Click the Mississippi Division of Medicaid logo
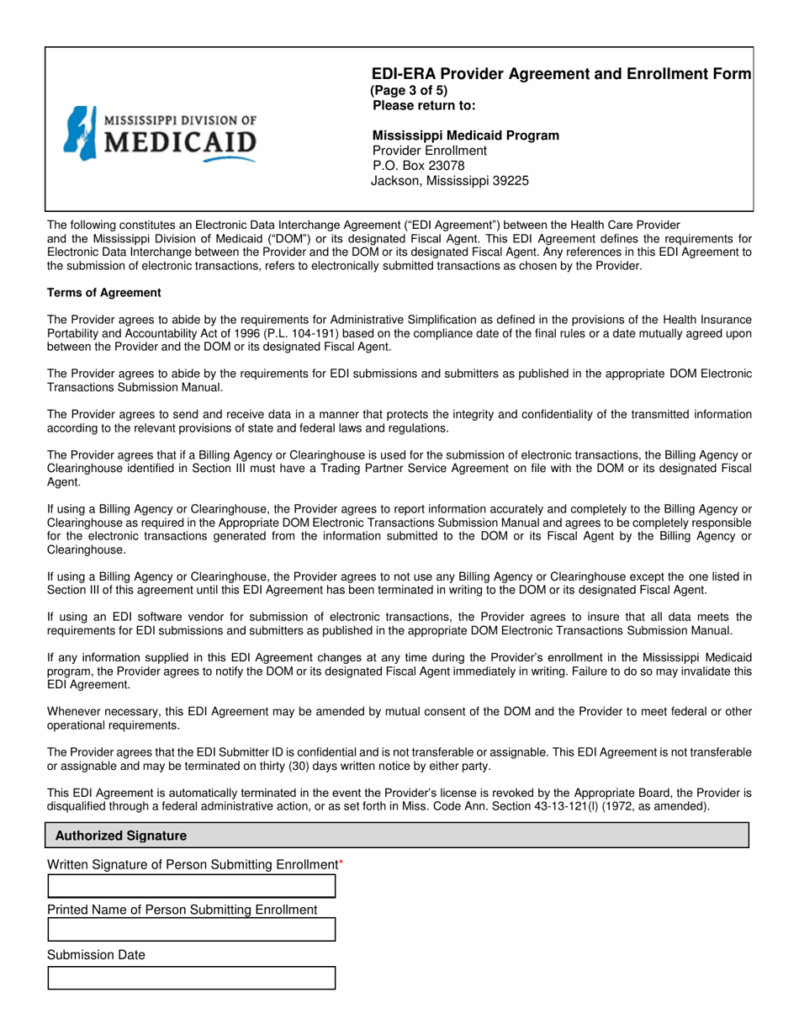tap(160, 134)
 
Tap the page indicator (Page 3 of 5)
tap(409, 91)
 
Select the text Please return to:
tap(424, 106)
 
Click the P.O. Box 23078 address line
tap(418, 166)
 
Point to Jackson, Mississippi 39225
tap(450, 181)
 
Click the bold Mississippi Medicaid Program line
tap(465, 135)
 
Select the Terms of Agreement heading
tap(103, 293)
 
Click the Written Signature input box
tap(191, 886)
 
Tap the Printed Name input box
tap(191, 930)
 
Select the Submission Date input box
tap(191, 978)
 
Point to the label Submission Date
tap(96, 955)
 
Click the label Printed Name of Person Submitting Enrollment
tap(183, 910)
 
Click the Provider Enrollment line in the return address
tap(429, 151)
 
